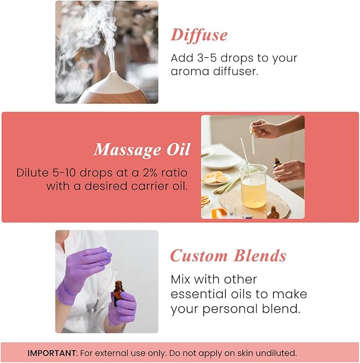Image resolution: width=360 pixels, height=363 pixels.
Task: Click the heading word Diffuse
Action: [199, 35]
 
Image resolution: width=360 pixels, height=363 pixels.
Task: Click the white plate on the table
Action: [221, 160]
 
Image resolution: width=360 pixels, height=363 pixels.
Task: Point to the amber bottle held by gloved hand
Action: [118, 295]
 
